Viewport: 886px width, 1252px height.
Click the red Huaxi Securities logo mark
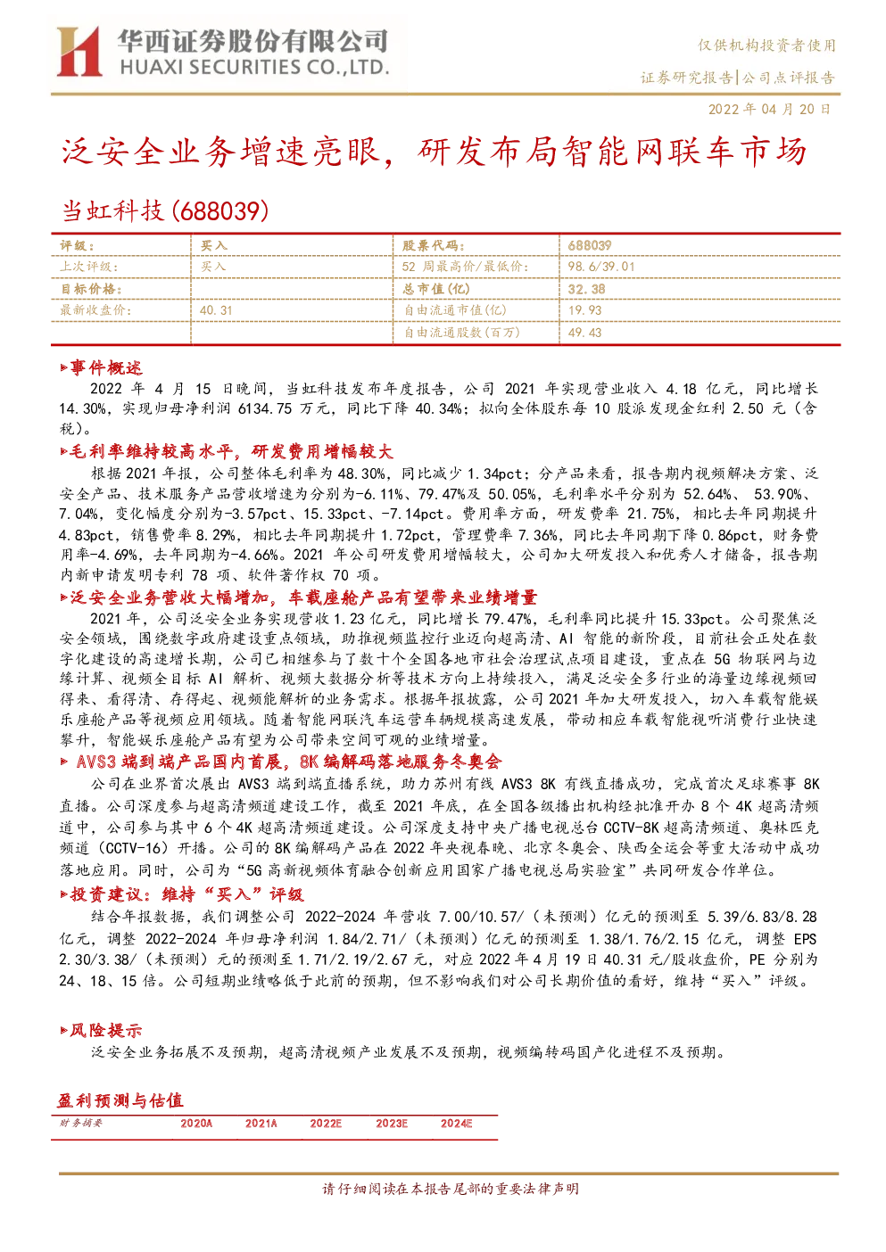[79, 51]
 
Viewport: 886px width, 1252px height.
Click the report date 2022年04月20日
[770, 109]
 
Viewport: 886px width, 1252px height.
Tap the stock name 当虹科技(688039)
[165, 211]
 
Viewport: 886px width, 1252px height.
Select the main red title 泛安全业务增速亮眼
[221, 152]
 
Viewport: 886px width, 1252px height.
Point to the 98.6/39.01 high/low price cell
[601, 267]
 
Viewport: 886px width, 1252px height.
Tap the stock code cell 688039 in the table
[590, 245]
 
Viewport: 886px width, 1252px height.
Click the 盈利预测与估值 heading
[120, 1100]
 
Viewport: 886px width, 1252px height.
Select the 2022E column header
[326, 1124]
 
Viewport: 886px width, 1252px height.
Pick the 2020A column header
[195, 1124]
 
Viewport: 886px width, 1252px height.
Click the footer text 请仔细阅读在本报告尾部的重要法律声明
[451, 1189]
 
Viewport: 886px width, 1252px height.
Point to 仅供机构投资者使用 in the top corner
[766, 45]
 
